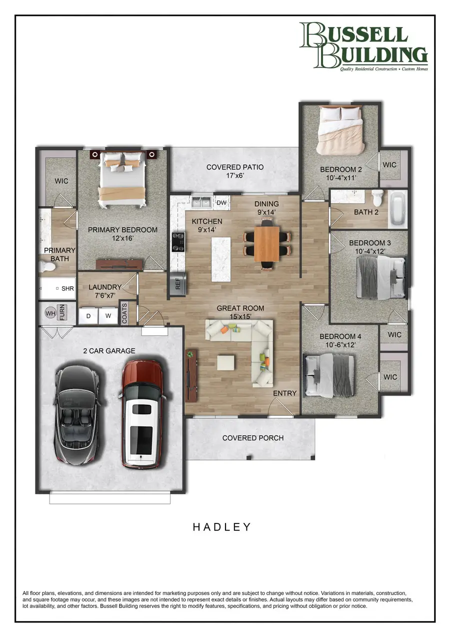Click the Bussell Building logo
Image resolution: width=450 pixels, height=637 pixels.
click(363, 46)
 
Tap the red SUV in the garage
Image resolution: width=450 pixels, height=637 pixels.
click(142, 413)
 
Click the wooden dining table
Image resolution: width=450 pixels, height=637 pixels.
click(266, 244)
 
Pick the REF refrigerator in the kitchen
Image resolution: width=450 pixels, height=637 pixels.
click(178, 285)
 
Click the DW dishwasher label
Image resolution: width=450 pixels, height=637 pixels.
click(221, 202)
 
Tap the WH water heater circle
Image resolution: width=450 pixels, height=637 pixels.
click(50, 313)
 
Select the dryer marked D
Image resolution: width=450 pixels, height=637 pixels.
click(88, 316)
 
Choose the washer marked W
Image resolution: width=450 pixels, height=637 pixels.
click(107, 316)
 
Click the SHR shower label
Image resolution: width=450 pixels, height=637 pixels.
click(67, 289)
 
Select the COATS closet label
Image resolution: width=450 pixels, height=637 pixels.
click(123, 312)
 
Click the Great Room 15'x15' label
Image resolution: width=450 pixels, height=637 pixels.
click(240, 312)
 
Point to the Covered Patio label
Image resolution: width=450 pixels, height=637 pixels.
click(235, 171)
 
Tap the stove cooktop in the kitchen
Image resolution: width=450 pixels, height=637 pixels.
click(177, 242)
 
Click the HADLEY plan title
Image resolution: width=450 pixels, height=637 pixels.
click(222, 527)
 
